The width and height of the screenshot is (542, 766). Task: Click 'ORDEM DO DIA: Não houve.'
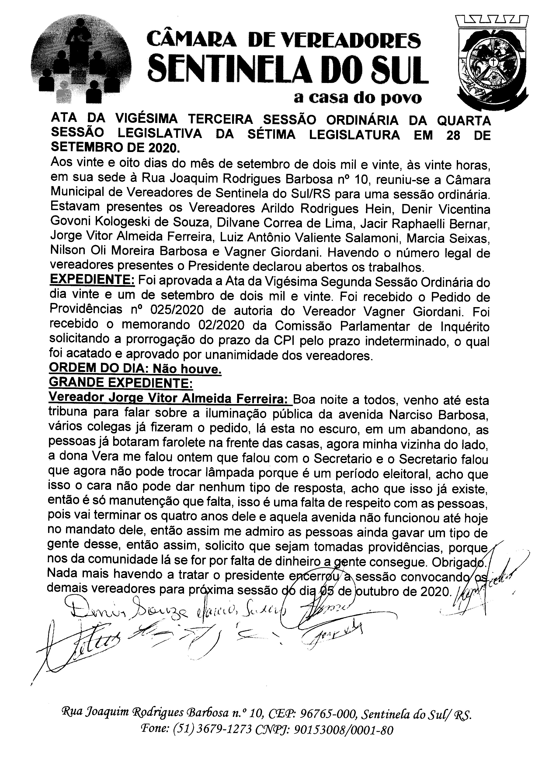135,369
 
